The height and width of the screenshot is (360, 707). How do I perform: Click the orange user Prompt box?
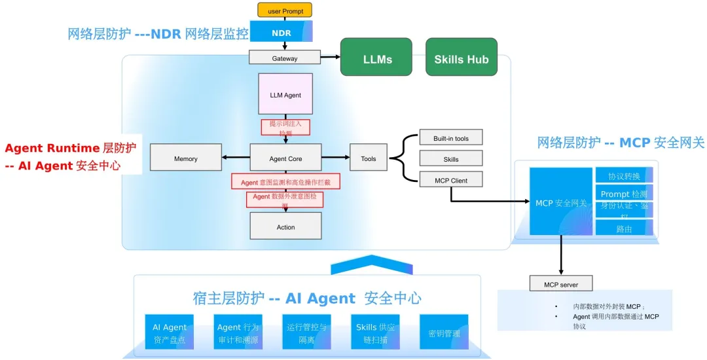pyautogui.click(x=285, y=10)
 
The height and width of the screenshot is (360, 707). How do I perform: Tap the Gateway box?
pyautogui.click(x=285, y=58)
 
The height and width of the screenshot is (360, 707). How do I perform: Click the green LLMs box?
pyautogui.click(x=376, y=59)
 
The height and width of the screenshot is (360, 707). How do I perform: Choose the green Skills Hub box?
pyautogui.click(x=462, y=59)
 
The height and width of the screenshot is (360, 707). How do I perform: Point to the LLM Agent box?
pyautogui.click(x=285, y=95)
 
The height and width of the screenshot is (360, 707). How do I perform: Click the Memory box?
pyautogui.click(x=185, y=158)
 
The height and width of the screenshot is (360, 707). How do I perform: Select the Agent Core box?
pyautogui.click(x=285, y=158)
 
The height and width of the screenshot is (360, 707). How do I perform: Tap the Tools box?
pyautogui.click(x=369, y=158)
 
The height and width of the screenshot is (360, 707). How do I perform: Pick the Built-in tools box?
pyautogui.click(x=451, y=137)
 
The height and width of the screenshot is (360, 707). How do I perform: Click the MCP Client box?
pyautogui.click(x=451, y=179)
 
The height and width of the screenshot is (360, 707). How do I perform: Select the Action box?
pyautogui.click(x=285, y=226)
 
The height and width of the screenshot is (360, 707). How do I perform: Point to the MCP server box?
pyautogui.click(x=560, y=284)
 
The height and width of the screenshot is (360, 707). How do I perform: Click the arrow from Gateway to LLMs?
pyautogui.click(x=331, y=58)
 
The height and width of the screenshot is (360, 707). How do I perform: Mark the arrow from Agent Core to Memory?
pyautogui.click(x=236, y=158)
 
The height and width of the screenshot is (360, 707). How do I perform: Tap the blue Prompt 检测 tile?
pyautogui.click(x=624, y=194)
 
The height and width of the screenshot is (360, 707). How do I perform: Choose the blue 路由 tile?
pyautogui.click(x=624, y=228)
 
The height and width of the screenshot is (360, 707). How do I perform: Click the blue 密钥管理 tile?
pyautogui.click(x=444, y=333)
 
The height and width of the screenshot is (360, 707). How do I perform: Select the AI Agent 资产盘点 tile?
pyautogui.click(x=170, y=333)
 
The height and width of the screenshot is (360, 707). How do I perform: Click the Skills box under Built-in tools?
pyautogui.click(x=451, y=158)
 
